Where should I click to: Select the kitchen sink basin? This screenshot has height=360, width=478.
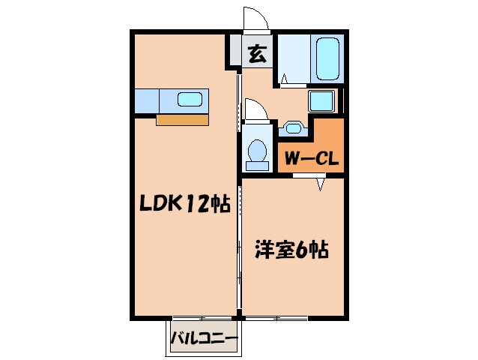190,99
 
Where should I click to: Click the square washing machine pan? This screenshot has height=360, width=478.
323,100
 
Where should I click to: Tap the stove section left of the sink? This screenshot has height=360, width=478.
148,99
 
